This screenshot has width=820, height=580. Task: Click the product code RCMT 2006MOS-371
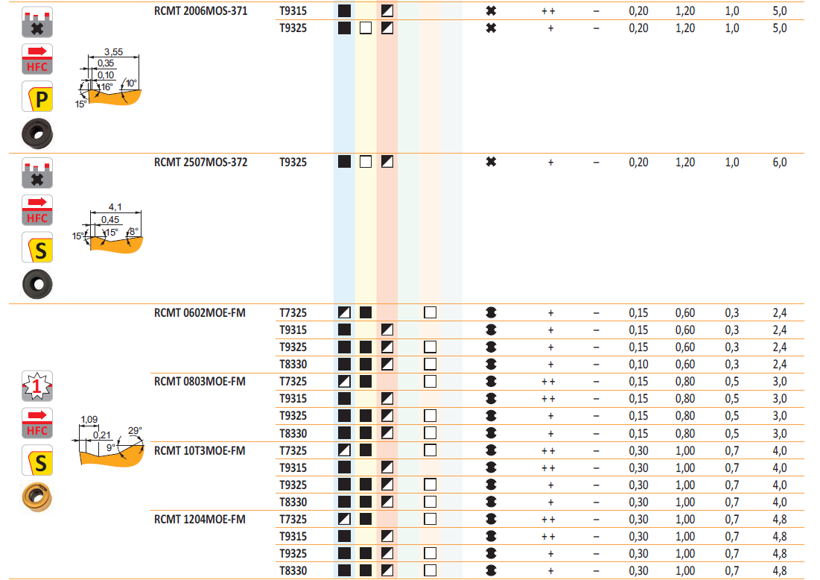pos(200,11)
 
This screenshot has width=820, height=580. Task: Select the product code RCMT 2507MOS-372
pos(200,162)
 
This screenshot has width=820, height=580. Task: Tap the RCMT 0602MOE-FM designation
pos(200,312)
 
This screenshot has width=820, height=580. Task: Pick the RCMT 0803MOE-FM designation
pos(200,382)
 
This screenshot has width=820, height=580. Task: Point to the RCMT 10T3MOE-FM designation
pos(200,450)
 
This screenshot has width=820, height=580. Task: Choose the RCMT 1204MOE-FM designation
pos(200,519)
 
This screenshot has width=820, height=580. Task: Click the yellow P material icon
pos(37,98)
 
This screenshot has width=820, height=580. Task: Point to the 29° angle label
pos(135,430)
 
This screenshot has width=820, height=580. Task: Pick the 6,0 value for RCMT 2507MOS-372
pos(779,162)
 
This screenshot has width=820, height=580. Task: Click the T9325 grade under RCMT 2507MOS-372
pos(293,162)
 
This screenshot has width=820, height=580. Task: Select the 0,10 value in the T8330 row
pos(638,365)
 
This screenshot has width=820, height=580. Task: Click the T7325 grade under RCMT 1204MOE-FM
pos(293,519)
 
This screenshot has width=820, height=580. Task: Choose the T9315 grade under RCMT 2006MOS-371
pos(293,11)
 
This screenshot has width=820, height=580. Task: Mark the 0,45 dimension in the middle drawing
pos(110,220)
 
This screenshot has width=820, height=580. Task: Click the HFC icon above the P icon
pos(37,59)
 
